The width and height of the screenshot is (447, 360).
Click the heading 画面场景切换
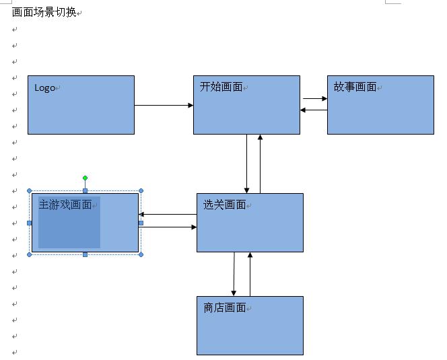[x=44, y=12]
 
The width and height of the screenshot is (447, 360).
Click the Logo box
[x=81, y=111]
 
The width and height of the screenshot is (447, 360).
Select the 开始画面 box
[x=246, y=111]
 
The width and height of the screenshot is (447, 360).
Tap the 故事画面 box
[x=380, y=111]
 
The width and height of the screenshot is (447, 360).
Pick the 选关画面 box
[x=250, y=229]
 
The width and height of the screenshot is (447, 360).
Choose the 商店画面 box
[x=250, y=330]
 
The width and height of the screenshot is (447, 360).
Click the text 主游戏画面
[x=65, y=205]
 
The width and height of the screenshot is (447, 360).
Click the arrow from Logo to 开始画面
[x=164, y=105]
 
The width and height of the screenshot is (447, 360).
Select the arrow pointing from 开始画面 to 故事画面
[x=314, y=99]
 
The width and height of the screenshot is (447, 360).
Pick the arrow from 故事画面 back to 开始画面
[x=314, y=110]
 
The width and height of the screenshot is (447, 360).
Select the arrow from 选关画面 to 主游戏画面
[x=168, y=215]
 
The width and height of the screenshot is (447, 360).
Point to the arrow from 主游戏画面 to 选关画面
[x=168, y=227]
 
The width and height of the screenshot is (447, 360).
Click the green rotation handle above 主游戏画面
[x=85, y=178]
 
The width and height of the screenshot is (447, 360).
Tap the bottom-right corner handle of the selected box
[x=141, y=254]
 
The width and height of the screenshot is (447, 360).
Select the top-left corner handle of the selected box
[x=30, y=191]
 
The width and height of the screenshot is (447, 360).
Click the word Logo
[x=44, y=87]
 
